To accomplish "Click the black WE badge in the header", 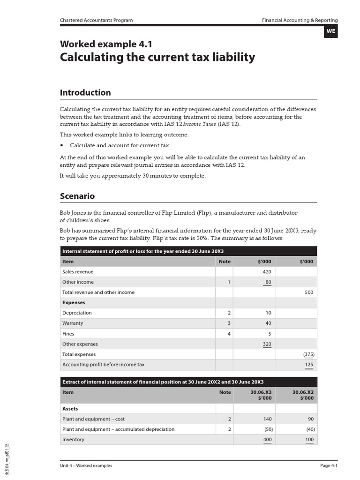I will (x=330, y=31).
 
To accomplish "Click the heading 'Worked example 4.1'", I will (x=106, y=45).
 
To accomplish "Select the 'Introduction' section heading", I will (x=85, y=92).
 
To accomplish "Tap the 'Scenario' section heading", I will (x=77, y=196).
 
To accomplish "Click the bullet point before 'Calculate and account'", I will (x=62, y=146).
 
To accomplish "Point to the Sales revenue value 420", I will (x=267, y=272).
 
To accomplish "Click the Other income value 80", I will (x=268, y=282).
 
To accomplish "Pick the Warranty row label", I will (x=73, y=323).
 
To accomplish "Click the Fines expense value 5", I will (x=270, y=334).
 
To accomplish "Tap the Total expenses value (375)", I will (x=308, y=354).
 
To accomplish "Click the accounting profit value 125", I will (x=309, y=365).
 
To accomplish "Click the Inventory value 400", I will (x=267, y=440).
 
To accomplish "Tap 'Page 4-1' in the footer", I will (x=329, y=465).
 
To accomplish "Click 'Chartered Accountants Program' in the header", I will (x=96, y=20).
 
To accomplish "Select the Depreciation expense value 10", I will (x=268, y=313).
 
